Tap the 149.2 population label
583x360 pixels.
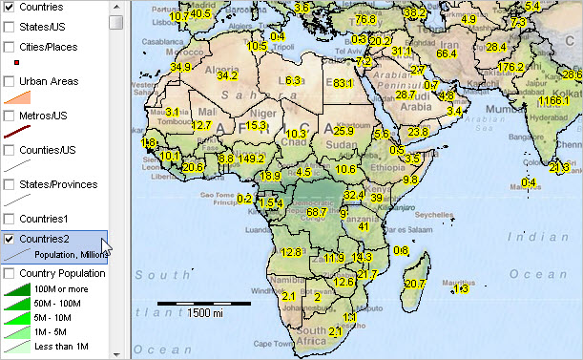(x=253, y=159)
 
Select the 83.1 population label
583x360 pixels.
(x=344, y=84)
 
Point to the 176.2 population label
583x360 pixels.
(x=512, y=68)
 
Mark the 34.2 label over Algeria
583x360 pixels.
(x=227, y=75)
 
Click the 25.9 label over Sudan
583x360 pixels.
(x=344, y=131)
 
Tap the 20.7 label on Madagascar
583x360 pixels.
(x=414, y=284)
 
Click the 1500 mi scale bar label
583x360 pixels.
(x=205, y=313)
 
